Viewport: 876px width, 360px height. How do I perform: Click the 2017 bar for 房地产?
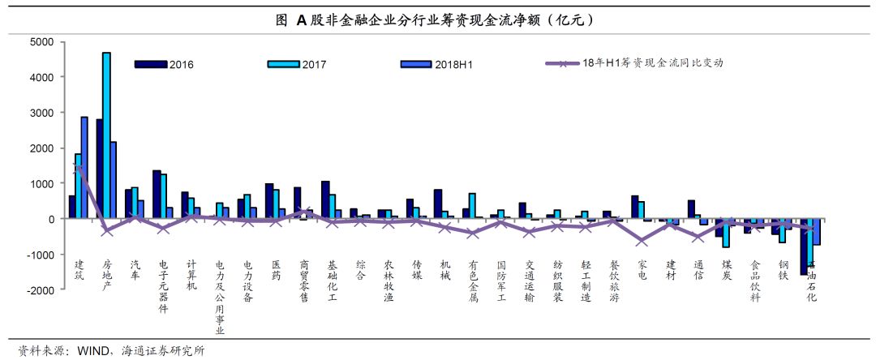pos(106,135)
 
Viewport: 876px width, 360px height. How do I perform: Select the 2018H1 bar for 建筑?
pos(84,168)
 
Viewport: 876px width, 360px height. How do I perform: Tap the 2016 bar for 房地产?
pos(99,169)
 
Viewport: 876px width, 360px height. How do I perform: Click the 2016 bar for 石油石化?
pos(804,246)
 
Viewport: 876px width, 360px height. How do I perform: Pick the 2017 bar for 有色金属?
pos(472,206)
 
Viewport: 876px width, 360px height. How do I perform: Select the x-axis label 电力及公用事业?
pos(220,297)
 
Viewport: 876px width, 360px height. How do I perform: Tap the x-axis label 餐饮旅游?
pos(614,280)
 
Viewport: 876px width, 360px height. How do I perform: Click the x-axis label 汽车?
pos(135,270)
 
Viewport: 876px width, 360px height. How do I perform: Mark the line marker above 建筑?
pos(78,169)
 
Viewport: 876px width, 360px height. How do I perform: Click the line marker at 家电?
pos(642,241)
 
